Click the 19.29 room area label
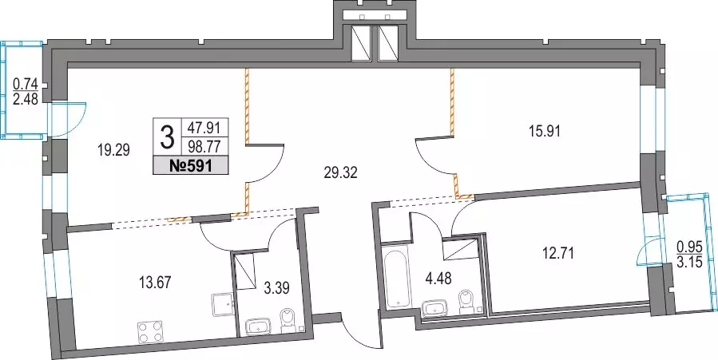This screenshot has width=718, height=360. tap(112, 149)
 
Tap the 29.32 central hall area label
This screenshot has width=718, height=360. tap(339, 173)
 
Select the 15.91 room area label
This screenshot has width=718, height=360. tap(544, 131)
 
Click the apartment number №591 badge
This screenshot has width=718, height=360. tap(191, 165)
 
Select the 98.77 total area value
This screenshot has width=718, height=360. tap(204, 148)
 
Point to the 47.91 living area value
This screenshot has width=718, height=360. tap(204, 127)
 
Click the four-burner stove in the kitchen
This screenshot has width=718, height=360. tap(151, 331)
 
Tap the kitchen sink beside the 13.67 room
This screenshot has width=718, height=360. tap(223, 306)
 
